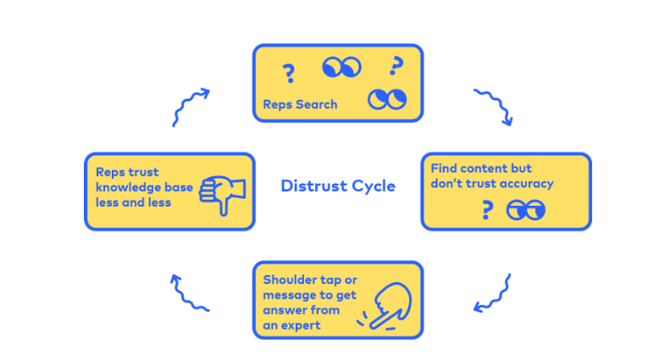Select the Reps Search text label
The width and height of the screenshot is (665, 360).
click(299, 105)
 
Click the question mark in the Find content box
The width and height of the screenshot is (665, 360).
click(486, 209)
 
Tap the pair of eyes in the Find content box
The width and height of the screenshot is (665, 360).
click(525, 209)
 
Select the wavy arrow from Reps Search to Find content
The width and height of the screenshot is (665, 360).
click(493, 105)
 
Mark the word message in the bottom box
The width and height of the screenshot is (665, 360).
click(289, 295)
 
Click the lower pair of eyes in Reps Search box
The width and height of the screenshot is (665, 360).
click(386, 100)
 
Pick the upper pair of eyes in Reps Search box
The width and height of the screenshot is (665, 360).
click(341, 67)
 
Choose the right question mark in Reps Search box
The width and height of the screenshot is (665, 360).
click(394, 64)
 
